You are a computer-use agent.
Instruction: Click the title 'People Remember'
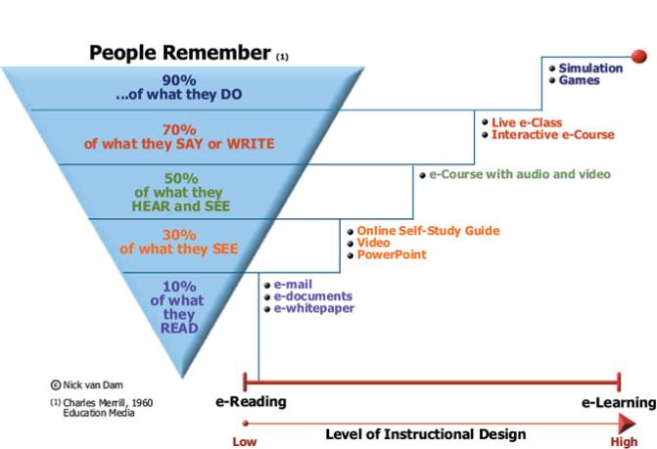point(180,53)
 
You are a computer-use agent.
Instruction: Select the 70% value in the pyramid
point(178,128)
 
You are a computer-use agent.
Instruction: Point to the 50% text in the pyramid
point(178,179)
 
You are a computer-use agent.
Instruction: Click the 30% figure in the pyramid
point(178,234)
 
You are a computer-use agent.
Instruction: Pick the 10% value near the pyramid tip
point(178,287)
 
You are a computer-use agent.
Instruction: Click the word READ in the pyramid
point(179,328)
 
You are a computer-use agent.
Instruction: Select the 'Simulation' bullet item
point(590,68)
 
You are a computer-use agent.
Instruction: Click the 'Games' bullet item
point(579,80)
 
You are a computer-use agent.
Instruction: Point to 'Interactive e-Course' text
point(553,134)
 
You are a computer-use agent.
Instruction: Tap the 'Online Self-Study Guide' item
point(428,231)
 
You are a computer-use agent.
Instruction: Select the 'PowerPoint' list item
point(392,254)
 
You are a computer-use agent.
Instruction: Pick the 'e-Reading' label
point(251,402)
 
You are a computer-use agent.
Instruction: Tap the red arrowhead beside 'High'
point(627,422)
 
